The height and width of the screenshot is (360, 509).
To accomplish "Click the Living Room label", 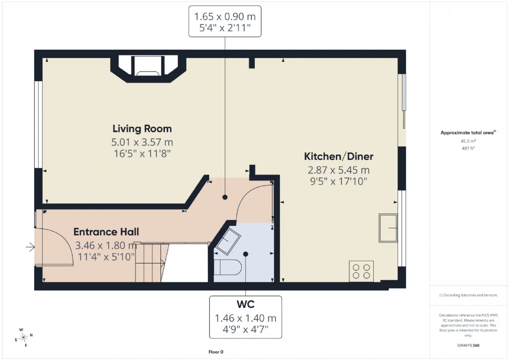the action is pyautogui.click(x=142, y=128).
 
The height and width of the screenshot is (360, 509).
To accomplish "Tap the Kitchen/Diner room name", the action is pyautogui.click(x=338, y=156).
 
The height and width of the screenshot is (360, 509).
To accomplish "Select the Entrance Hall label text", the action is pyautogui.click(x=106, y=232).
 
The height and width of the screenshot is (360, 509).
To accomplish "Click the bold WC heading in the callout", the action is pyautogui.click(x=245, y=304).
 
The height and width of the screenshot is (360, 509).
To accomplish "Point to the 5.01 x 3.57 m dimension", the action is pyautogui.click(x=142, y=142).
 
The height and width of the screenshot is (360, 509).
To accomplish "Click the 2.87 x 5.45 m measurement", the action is pyautogui.click(x=338, y=170).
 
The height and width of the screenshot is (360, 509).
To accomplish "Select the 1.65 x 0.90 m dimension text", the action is pyautogui.click(x=225, y=17).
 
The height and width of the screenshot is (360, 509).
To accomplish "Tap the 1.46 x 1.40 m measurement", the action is pyautogui.click(x=245, y=318).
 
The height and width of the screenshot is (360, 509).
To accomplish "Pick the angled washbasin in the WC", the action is pyautogui.click(x=228, y=241).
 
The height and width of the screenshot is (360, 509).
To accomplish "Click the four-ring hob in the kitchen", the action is pyautogui.click(x=361, y=271).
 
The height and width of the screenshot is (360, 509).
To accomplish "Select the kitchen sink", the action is pyautogui.click(x=388, y=228).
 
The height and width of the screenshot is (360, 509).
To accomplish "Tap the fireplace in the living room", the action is pyautogui.click(x=148, y=66).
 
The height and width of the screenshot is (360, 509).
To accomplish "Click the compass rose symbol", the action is pyautogui.click(x=23, y=337).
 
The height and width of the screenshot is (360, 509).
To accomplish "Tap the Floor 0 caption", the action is pyautogui.click(x=216, y=352).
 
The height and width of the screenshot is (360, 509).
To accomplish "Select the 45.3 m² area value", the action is pyautogui.click(x=468, y=141).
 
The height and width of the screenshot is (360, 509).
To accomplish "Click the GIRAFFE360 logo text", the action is pyautogui.click(x=468, y=345).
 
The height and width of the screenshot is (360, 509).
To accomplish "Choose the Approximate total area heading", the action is pyautogui.click(x=468, y=133).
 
